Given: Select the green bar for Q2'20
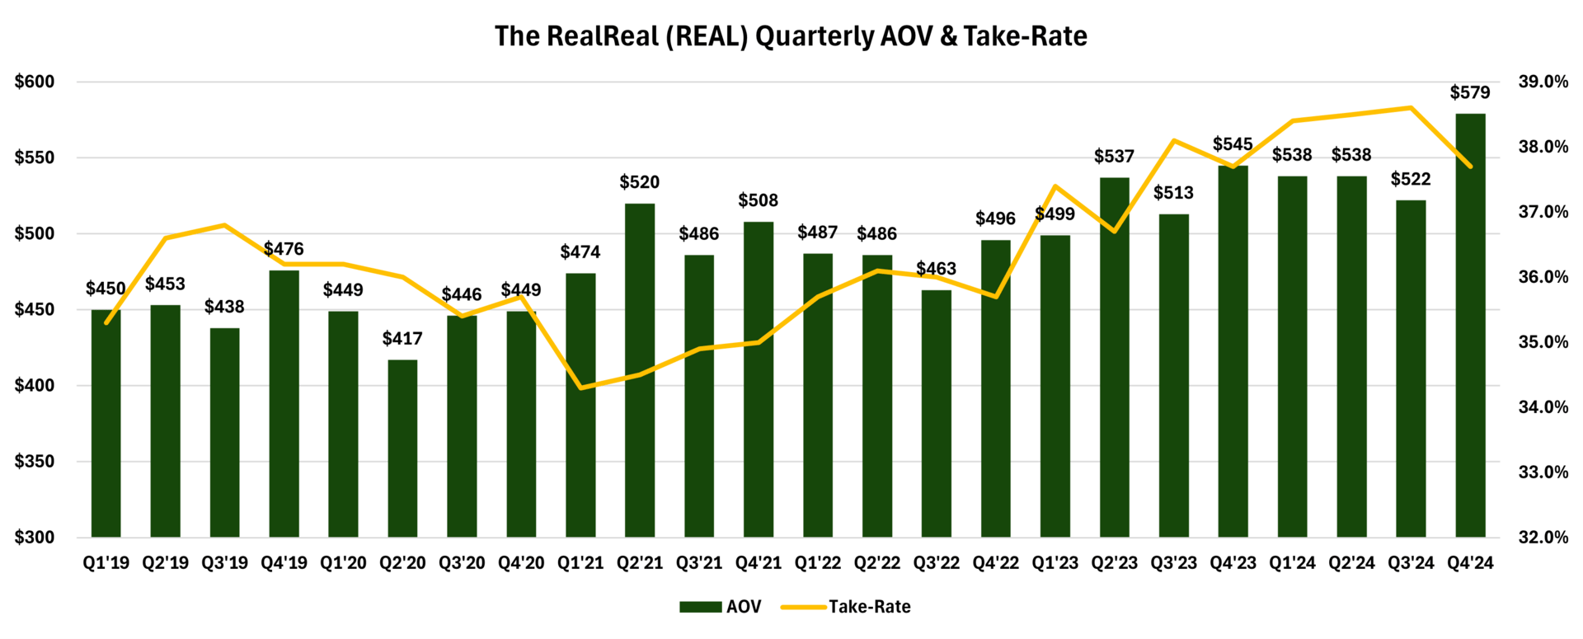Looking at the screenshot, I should click(x=402, y=449).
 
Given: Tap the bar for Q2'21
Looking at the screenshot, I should click(x=640, y=370).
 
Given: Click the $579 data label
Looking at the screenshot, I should click(x=1470, y=92).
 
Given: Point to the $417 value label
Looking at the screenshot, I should click(x=402, y=338).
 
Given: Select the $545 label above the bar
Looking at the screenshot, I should click(x=1233, y=144).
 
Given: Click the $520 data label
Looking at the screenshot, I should click(x=640, y=182).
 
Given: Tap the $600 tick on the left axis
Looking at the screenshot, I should click(x=35, y=82).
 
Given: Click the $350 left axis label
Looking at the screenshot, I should click(x=35, y=462).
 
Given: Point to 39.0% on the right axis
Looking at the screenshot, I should click(x=1543, y=82).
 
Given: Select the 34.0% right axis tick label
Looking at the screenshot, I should click(x=1543, y=407).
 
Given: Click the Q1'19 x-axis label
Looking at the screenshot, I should click(x=106, y=563).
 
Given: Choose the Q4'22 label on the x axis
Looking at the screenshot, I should click(x=996, y=563).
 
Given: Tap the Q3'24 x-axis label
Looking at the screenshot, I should click(x=1411, y=563).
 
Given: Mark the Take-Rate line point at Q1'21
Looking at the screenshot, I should click(x=580, y=388).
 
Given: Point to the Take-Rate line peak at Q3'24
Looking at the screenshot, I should click(x=1411, y=107).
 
